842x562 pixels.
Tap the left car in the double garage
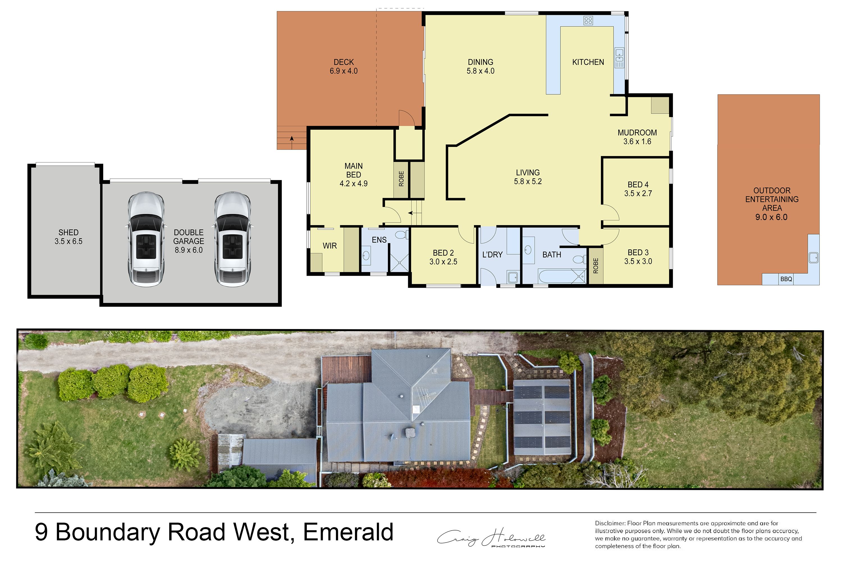point(146,239)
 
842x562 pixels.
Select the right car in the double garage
point(232,239)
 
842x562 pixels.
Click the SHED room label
point(68,233)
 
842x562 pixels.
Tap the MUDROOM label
point(637,133)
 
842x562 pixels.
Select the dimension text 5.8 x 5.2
point(528,182)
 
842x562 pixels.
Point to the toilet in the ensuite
point(401,235)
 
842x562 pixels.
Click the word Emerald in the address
point(348,532)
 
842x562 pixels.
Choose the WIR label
point(330,246)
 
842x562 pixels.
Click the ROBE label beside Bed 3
point(596,266)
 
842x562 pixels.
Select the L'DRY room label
point(493,255)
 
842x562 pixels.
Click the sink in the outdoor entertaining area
point(813,258)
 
